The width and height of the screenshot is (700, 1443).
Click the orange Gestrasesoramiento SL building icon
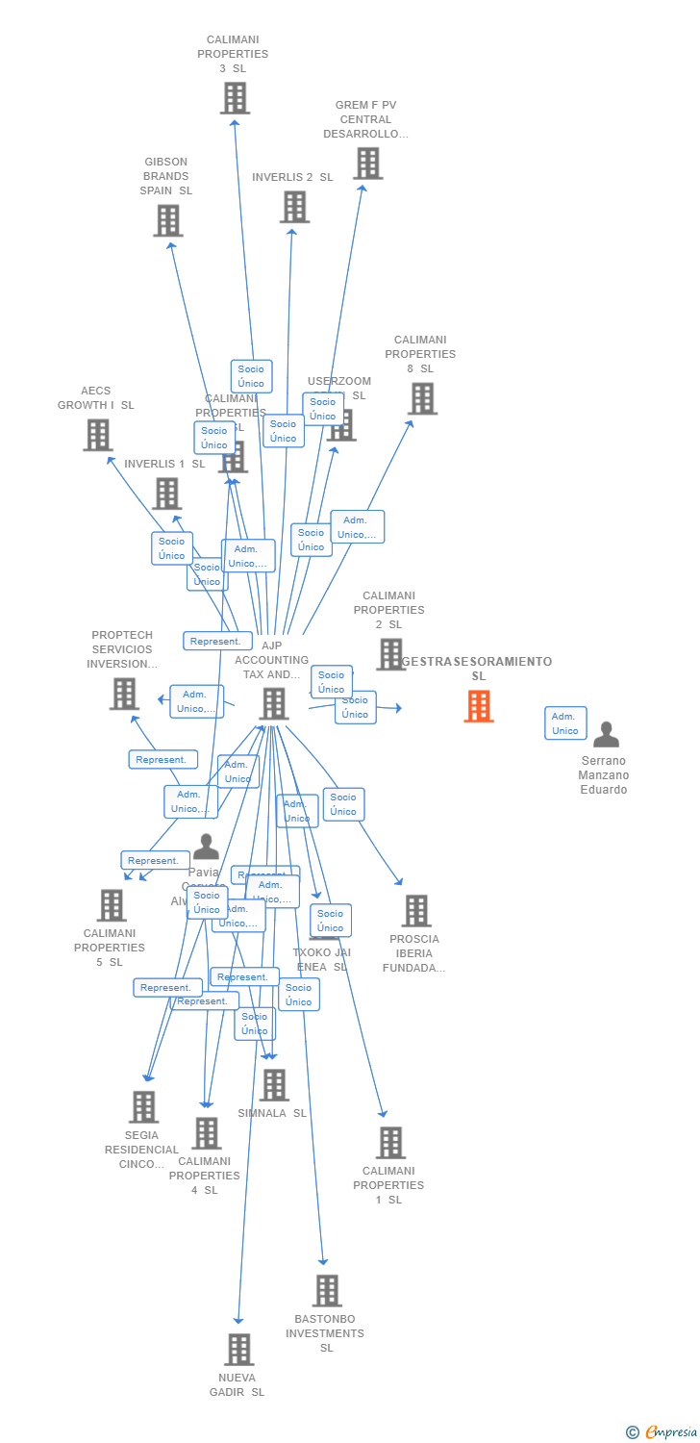(x=479, y=706)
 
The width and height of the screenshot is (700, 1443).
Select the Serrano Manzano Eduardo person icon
(x=606, y=735)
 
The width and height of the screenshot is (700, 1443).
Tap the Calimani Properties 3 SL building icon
(x=235, y=98)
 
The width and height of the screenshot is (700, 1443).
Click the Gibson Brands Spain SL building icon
(x=168, y=220)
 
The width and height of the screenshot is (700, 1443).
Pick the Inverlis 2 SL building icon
(x=294, y=207)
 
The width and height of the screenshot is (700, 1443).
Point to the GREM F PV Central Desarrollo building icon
(x=367, y=164)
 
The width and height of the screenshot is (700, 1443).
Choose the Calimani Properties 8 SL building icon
(x=422, y=398)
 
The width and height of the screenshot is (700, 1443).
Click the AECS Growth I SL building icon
(x=97, y=435)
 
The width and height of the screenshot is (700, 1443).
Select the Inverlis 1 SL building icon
(x=166, y=494)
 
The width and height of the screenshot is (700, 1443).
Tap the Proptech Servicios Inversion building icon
(x=124, y=694)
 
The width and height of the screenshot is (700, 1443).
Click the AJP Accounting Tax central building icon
(x=274, y=704)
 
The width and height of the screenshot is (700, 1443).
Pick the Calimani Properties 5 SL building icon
(x=112, y=905)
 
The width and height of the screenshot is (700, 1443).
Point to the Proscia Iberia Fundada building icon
(x=415, y=911)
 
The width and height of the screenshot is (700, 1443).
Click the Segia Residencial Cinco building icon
(x=143, y=1107)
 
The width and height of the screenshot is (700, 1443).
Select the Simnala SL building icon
(x=274, y=1085)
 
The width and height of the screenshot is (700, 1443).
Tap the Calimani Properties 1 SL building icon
(x=390, y=1143)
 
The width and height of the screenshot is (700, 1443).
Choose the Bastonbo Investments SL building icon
(x=327, y=1291)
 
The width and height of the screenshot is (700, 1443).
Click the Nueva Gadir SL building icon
(x=239, y=1350)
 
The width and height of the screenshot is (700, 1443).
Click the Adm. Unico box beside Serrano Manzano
(x=565, y=723)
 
